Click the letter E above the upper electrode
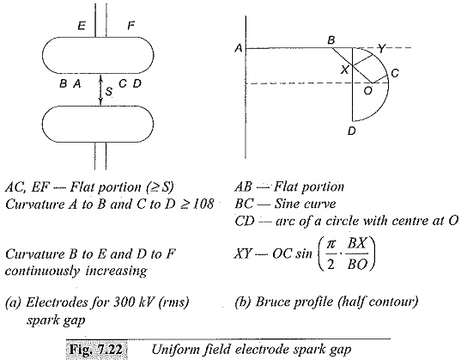coord(82,26)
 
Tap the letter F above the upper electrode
coord(130,26)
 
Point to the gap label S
coord(109,92)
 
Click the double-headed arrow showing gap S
coord(100,89)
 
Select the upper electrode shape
coord(98,55)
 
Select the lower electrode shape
coord(98,124)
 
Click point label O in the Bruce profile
coord(367,91)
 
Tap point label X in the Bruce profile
coord(344,70)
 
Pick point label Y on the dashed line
coord(381,48)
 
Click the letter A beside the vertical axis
coord(239,48)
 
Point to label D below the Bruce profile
coord(352,131)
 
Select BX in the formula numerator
coord(357,243)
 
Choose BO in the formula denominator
coord(357,265)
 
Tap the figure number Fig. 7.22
coord(96,350)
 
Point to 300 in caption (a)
coord(124,302)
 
